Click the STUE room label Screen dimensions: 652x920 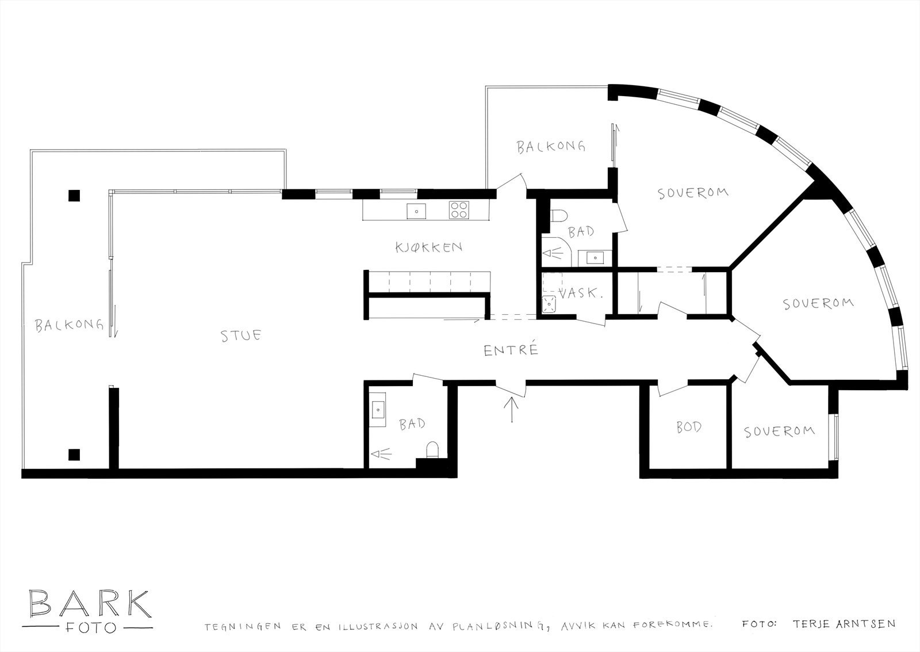coord(241,335)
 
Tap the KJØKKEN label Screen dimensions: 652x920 coord(428,247)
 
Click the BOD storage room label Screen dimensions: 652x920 coord(688,428)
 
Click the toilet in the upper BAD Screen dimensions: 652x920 coord(558,216)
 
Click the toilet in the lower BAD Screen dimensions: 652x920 coord(432,449)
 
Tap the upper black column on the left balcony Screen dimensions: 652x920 coord(74,196)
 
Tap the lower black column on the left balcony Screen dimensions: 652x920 coord(74,455)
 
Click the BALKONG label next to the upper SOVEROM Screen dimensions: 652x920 coord(550,147)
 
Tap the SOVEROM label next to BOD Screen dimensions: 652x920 coord(779,431)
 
